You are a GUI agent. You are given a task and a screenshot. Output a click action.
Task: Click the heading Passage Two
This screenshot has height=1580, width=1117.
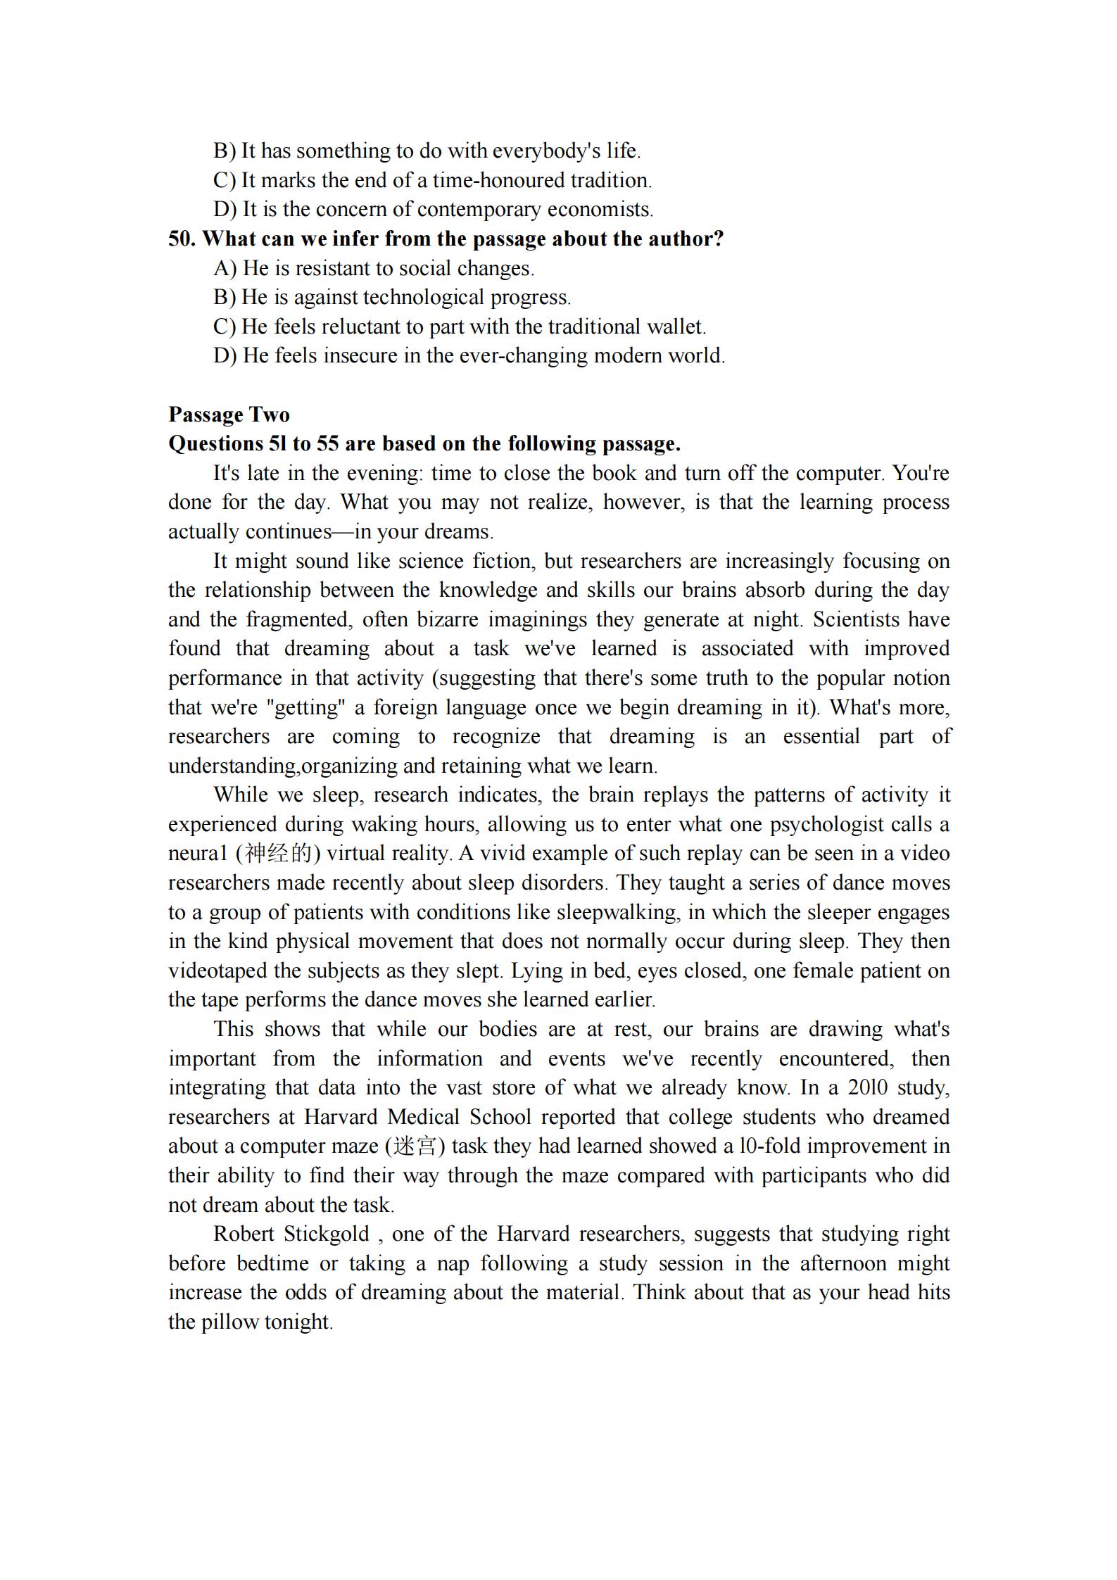pyautogui.click(x=229, y=415)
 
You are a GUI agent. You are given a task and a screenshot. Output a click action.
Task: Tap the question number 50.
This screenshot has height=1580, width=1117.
pyautogui.click(x=182, y=239)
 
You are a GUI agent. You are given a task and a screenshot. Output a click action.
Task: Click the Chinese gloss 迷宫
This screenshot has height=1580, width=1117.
pyautogui.click(x=415, y=1146)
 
